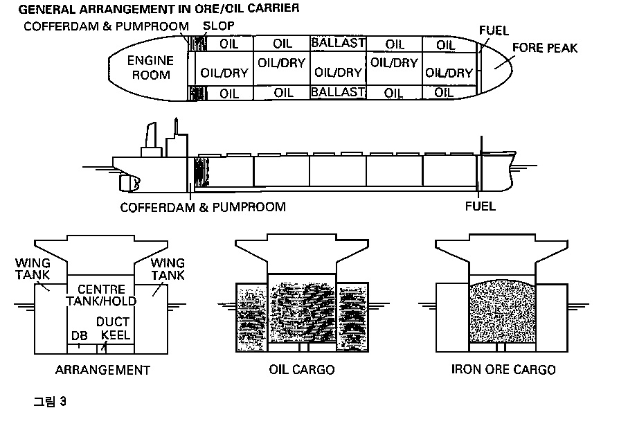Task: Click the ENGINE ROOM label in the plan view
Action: coord(150,67)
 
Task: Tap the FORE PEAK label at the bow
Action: coord(544,48)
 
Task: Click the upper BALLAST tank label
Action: coord(338,43)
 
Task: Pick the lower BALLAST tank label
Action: coord(338,92)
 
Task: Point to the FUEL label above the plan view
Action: coord(494,30)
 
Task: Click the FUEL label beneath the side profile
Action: coord(481,206)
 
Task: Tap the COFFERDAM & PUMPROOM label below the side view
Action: coord(203,207)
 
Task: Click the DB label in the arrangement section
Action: coord(80,335)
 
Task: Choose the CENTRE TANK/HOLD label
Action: coord(101,294)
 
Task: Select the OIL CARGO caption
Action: coord(301,370)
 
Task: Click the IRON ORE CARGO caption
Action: coord(503,370)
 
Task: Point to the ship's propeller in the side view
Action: coord(128,182)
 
